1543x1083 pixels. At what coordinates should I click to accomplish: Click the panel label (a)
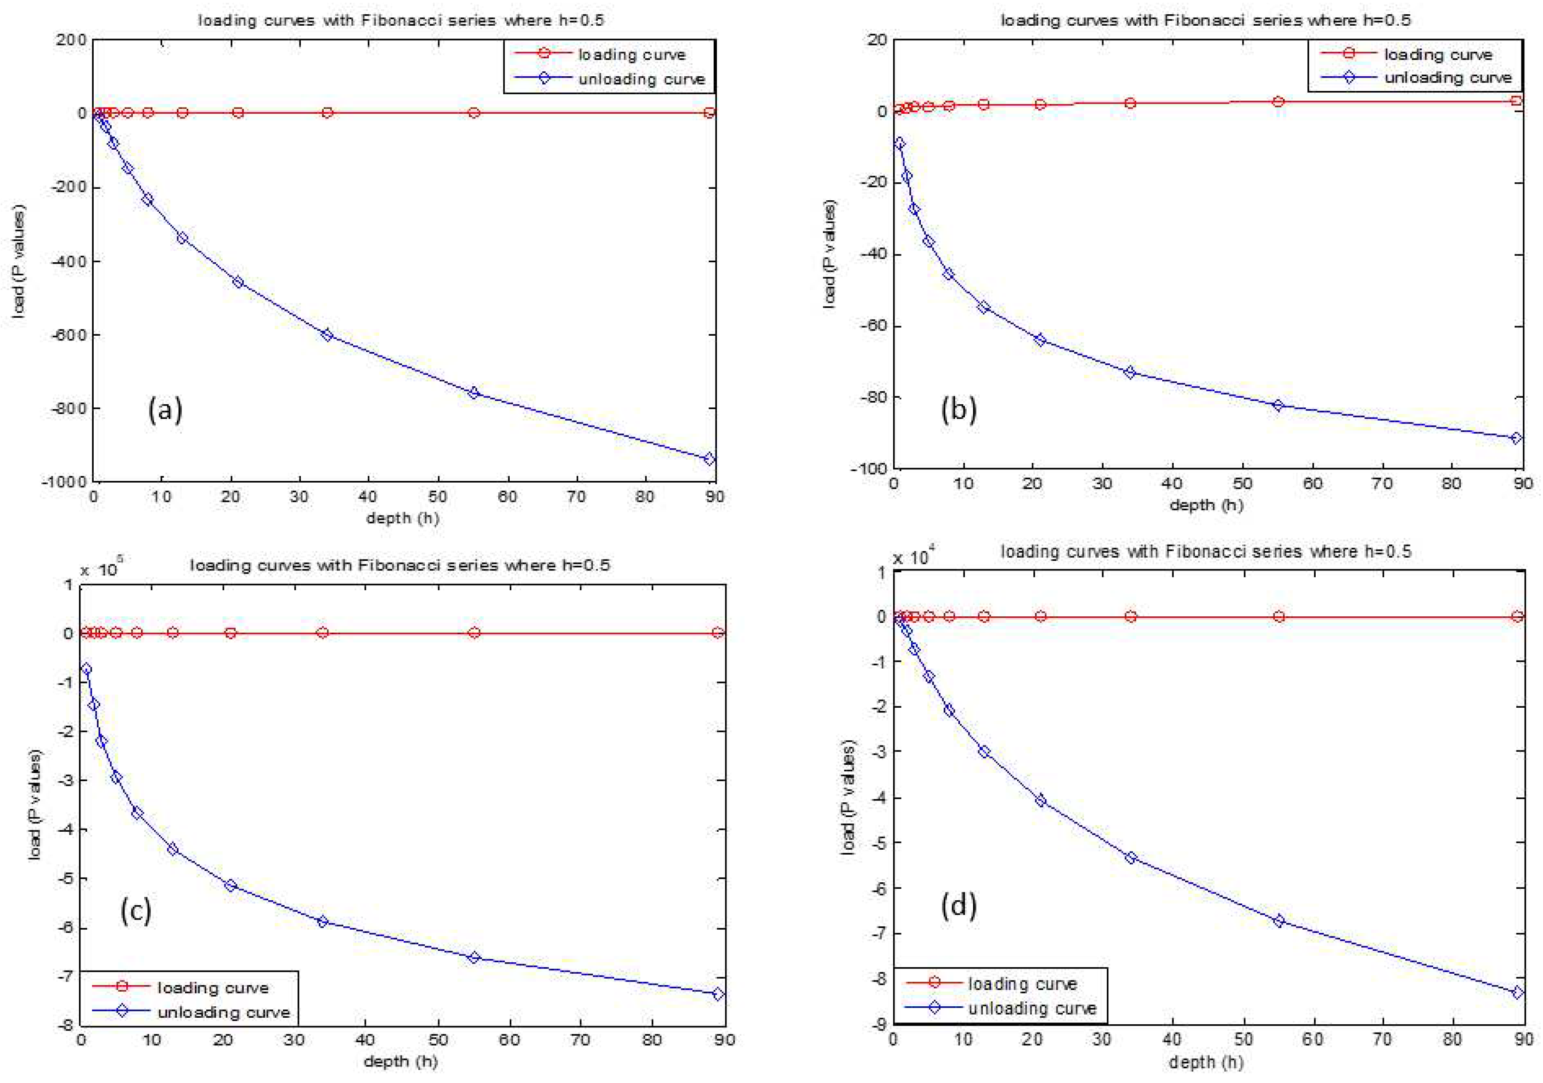[x=165, y=409]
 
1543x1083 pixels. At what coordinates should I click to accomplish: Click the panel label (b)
[x=958, y=409]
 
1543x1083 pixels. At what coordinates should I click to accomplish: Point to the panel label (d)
[x=958, y=906]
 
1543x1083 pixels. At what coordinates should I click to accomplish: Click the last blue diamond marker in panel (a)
[x=709, y=459]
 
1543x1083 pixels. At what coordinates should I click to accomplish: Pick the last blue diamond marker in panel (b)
[x=1515, y=438]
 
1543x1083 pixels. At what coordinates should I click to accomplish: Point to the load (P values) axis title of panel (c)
[x=35, y=804]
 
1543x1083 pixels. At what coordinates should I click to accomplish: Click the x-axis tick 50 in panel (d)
[x=1243, y=1038]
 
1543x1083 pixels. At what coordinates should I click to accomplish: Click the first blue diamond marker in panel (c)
[x=85, y=669]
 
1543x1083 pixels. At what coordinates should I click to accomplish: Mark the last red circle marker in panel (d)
[x=1517, y=616]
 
